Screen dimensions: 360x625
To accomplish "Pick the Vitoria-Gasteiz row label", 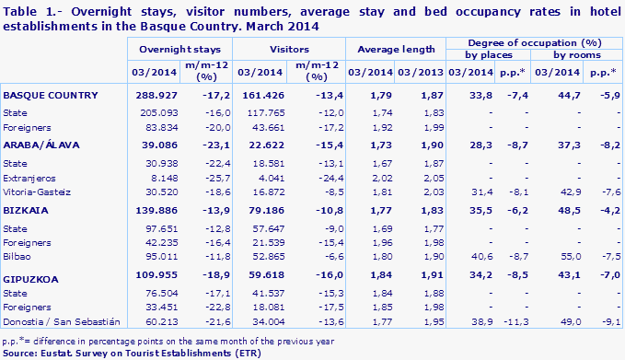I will pyautogui.click(x=37, y=192).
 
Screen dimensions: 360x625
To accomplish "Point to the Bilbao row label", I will pyautogui.click(x=19, y=257).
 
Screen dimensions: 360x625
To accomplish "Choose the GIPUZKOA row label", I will pyautogui.click(x=32, y=274).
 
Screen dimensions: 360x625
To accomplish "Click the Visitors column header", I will pyautogui.click(x=289, y=45).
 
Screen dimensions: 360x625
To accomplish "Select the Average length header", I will pyautogui.click(x=395, y=45).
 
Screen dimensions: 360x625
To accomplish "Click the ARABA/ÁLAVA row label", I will pyautogui.click(x=39, y=145).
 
